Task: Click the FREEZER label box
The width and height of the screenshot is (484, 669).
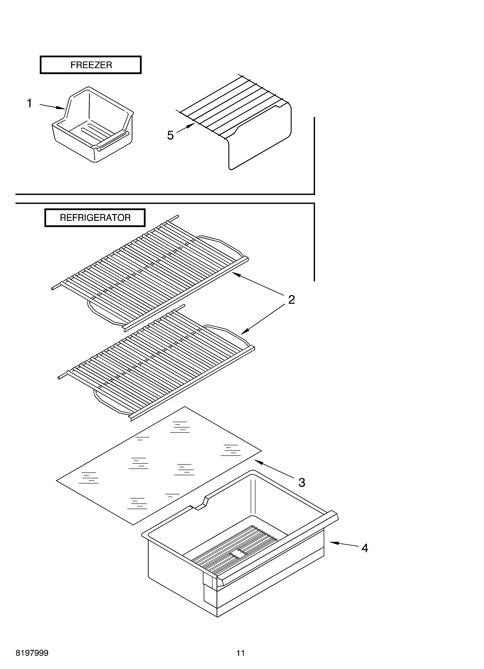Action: coord(91,65)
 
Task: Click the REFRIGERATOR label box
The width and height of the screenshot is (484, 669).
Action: coord(95,218)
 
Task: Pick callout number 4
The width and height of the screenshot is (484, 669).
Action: coord(365,548)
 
